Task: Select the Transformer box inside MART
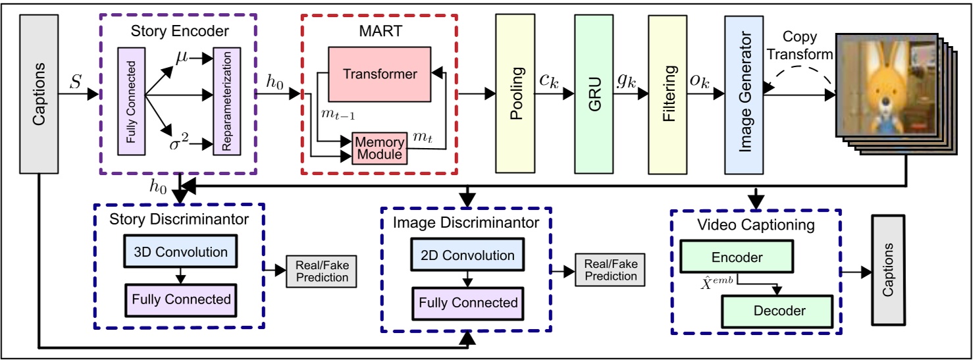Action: point(380,74)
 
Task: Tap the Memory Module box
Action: point(381,148)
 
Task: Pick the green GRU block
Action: point(593,92)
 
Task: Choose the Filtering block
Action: point(668,92)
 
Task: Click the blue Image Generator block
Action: point(743,92)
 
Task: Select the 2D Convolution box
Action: point(467,255)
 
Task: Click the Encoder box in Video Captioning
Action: point(737,258)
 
